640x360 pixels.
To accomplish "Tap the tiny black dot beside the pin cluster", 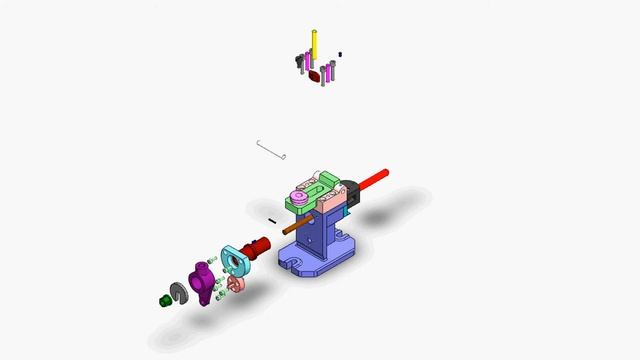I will point(340,54).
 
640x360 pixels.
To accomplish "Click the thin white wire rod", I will point(271,150).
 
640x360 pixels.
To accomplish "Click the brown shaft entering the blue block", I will point(296,226).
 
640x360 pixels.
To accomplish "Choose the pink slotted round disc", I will point(235,287).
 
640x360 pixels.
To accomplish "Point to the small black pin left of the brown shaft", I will point(272,220).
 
